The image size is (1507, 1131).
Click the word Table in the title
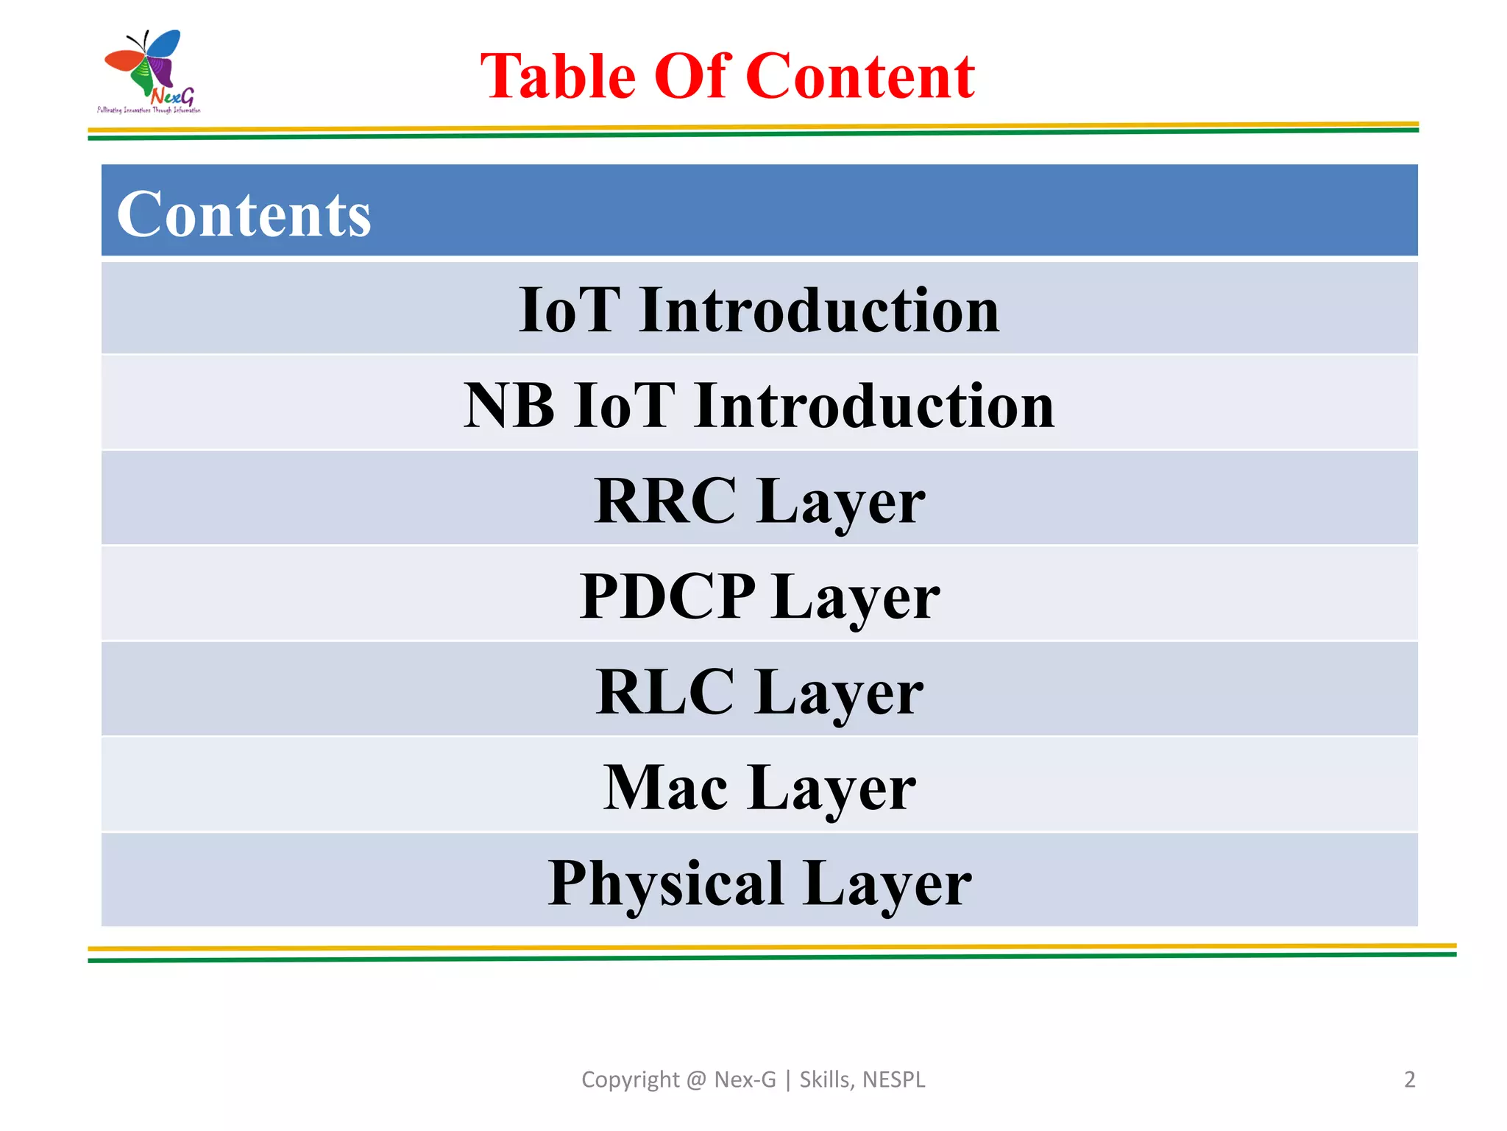(558, 76)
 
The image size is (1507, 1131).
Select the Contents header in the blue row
(244, 214)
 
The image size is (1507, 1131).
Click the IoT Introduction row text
(759, 310)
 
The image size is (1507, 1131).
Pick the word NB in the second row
(508, 405)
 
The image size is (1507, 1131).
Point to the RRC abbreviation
(665, 501)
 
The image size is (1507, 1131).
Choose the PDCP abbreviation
(667, 596)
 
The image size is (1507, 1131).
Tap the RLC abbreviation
(664, 691)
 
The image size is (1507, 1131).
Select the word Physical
(665, 883)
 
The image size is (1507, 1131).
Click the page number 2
(1409, 1079)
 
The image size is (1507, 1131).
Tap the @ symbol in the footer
(696, 1079)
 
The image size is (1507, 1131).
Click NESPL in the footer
(893, 1079)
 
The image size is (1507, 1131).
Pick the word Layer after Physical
(887, 883)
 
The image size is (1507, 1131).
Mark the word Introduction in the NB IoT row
(873, 405)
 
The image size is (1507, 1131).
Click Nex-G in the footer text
(745, 1079)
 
